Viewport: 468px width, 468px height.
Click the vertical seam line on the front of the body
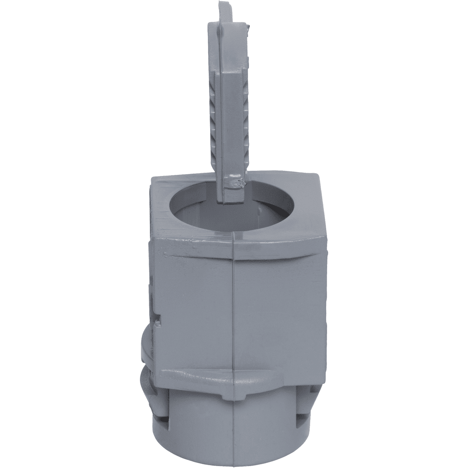pos(233,304)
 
